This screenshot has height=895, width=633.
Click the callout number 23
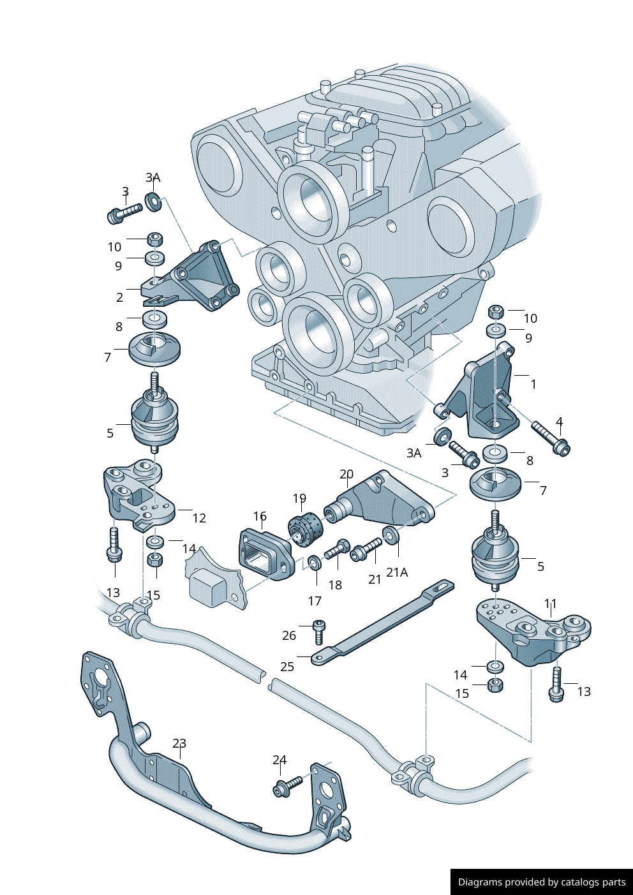coord(179,743)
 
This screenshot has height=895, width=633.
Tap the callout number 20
coord(346,474)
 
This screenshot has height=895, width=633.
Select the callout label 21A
coord(397,572)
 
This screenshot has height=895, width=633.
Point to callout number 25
coord(287,666)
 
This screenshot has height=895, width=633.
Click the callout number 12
coord(199,518)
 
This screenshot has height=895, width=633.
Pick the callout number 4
coord(559,422)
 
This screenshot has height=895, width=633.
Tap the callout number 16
coord(260,516)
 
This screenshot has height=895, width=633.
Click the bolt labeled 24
coord(287,785)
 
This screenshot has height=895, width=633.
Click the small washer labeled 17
coord(314,563)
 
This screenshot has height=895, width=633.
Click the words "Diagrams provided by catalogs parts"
coord(542,882)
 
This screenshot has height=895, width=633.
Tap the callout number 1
coord(533,384)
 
